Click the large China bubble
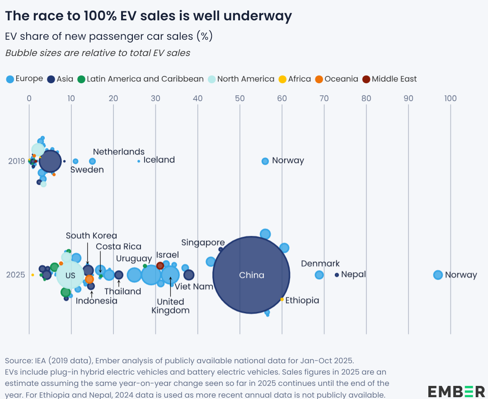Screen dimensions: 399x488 251,275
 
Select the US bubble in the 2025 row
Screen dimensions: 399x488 70,275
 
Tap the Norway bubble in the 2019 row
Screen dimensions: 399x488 265,161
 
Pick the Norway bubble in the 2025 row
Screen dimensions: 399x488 438,275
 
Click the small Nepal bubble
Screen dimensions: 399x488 337,275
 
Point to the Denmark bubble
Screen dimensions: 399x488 319,275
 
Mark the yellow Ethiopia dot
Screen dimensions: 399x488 282,299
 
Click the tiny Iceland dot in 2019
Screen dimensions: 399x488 139,161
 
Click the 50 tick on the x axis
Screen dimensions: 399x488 240,99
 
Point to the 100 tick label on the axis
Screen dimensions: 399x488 450,99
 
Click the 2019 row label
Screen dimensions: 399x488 17,161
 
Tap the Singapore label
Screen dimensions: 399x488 203,243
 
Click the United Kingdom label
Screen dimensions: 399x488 170,306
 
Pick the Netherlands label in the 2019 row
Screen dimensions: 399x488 119,152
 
